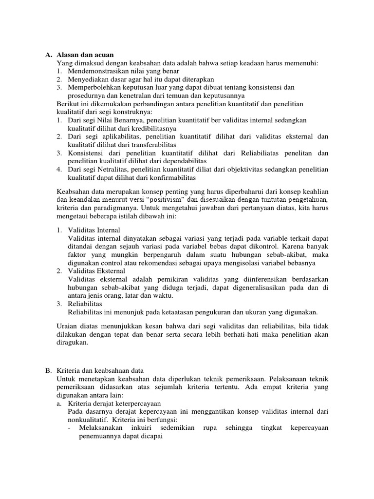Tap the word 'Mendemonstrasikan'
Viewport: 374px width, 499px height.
coord(95,71)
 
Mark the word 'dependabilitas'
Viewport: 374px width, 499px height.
coord(184,161)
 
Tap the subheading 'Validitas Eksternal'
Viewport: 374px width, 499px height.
coord(96,270)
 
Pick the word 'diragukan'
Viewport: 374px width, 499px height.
coord(72,342)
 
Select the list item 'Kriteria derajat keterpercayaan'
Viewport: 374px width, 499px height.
coord(114,403)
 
